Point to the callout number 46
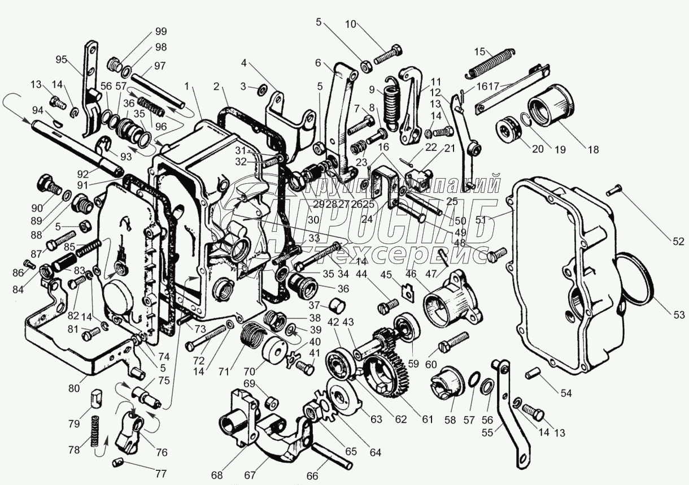coord(411,274)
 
